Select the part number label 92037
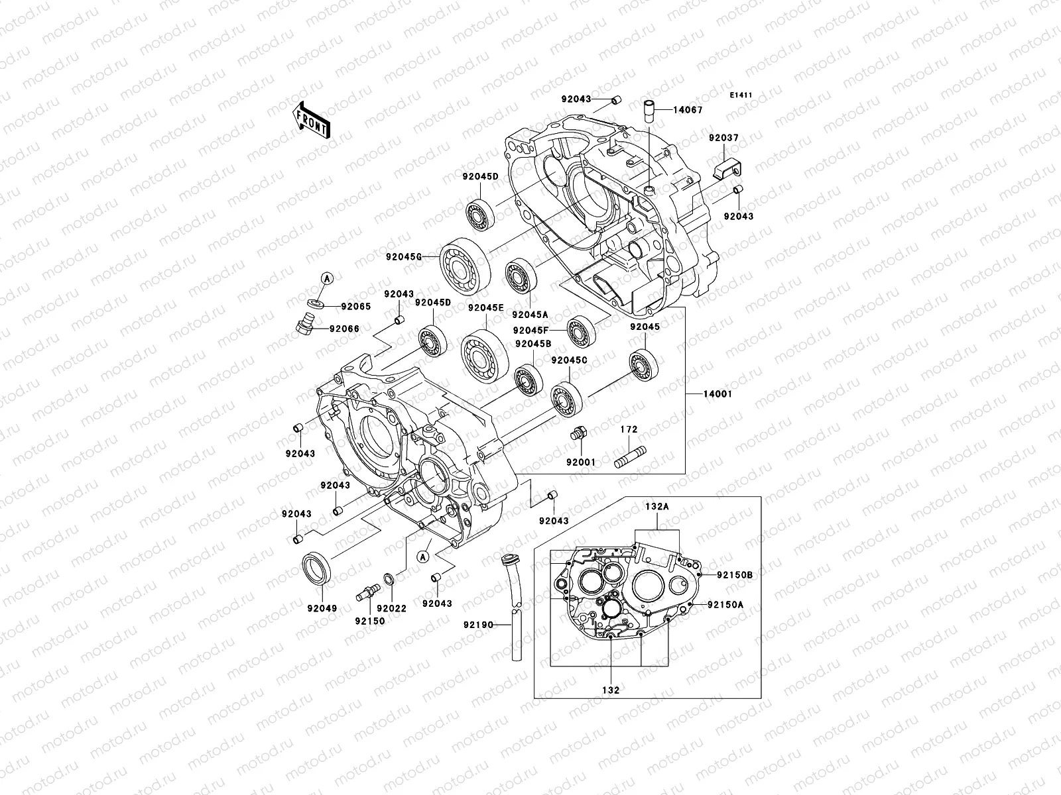[x=723, y=138]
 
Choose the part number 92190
[x=478, y=625]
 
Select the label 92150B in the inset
[x=734, y=575]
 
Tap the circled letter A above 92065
[x=326, y=279]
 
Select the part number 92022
[x=391, y=608]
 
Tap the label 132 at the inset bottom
[x=611, y=690]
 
